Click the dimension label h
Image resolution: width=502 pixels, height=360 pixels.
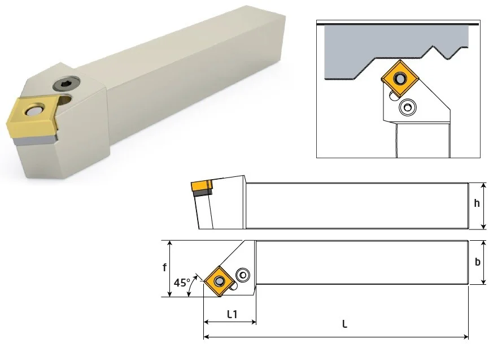(x=477, y=203)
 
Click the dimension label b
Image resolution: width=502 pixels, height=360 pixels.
(x=477, y=262)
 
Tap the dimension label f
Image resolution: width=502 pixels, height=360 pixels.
(x=164, y=267)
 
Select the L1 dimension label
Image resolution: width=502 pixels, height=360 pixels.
(x=232, y=315)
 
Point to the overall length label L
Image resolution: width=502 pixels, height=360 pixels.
(x=344, y=324)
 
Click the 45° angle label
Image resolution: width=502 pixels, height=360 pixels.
(x=181, y=283)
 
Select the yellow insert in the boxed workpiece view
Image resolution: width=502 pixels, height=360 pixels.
(x=400, y=78)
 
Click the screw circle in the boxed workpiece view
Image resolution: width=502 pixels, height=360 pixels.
(x=408, y=107)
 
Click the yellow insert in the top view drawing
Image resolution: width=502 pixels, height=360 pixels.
(x=219, y=281)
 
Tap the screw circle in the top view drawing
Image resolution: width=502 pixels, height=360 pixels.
(x=243, y=275)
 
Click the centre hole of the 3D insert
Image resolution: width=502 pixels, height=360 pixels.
(x=33, y=111)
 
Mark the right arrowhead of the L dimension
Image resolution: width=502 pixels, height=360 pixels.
(x=466, y=337)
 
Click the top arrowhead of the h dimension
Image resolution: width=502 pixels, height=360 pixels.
(x=484, y=185)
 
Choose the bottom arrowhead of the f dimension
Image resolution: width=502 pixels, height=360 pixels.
(x=169, y=294)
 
